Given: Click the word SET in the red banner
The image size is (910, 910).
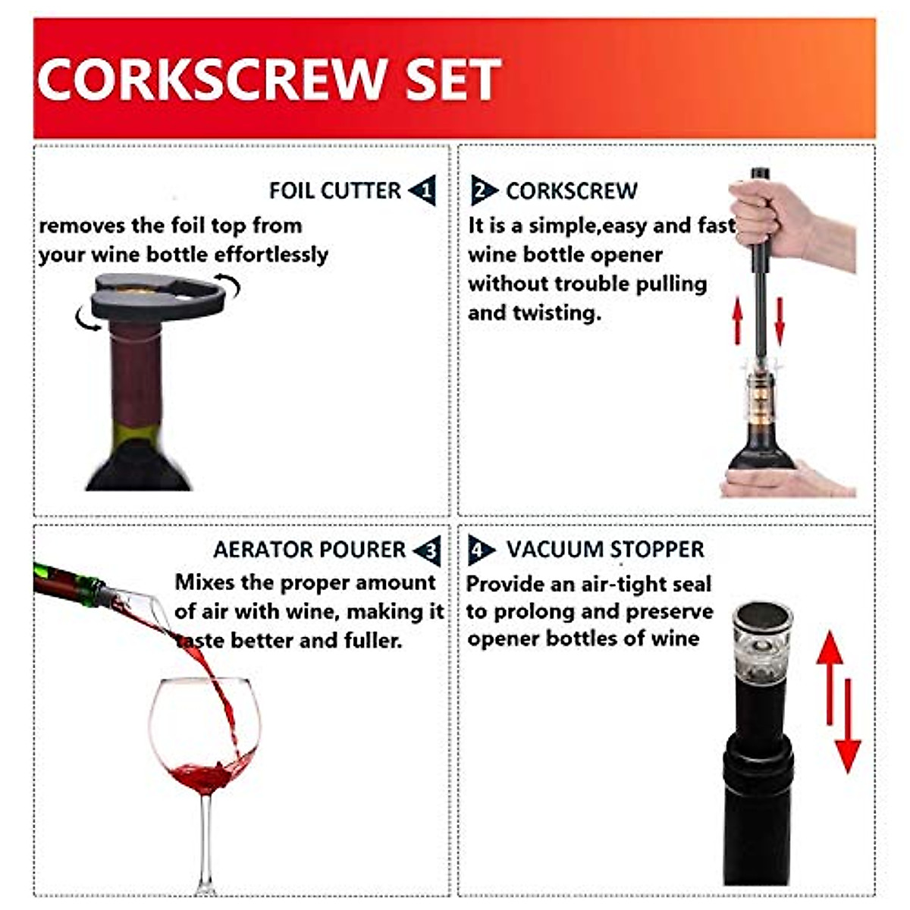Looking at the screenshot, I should [x=453, y=79].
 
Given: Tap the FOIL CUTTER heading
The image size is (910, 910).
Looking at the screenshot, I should [x=334, y=190].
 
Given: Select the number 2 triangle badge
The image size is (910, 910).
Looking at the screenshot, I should [x=482, y=190].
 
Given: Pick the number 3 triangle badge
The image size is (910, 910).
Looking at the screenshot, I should [x=429, y=550].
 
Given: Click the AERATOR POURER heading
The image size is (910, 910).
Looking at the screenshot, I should [x=309, y=550].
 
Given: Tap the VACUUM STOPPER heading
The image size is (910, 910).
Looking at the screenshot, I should [x=605, y=549].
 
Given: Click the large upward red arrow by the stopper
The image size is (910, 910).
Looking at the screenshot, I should [x=830, y=675].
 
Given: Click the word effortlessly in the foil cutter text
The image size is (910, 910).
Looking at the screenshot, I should [x=271, y=255].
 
